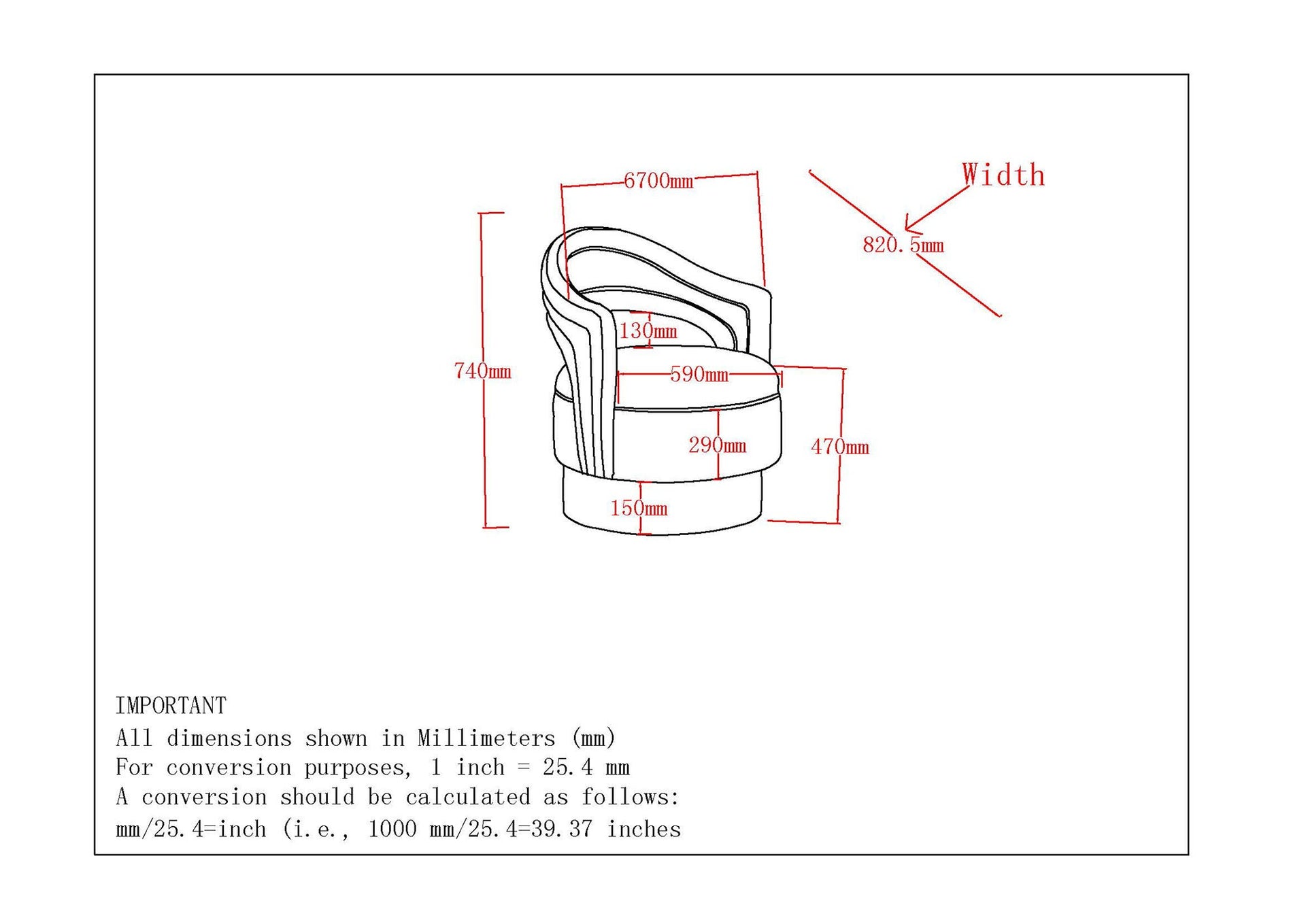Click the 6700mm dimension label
[658, 181]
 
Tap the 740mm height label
[482, 371]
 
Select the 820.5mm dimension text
[903, 245]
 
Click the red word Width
[1003, 175]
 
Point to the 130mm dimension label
[648, 331]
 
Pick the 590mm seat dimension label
[699, 374]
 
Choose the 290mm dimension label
[718, 445]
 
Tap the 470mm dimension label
[840, 447]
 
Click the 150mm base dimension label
[639, 508]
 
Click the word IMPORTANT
[171, 706]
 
